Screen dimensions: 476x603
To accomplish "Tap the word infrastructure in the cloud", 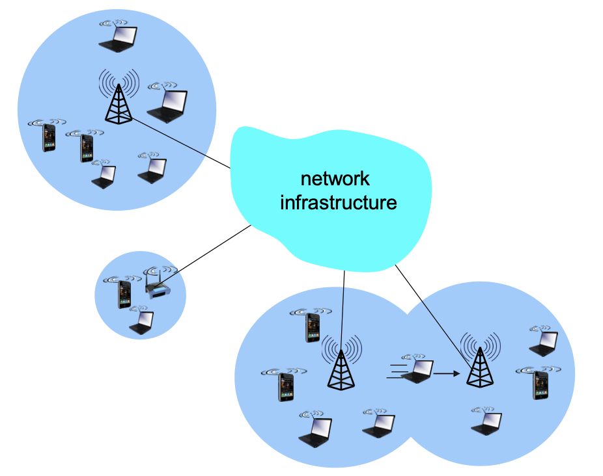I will point(338,202).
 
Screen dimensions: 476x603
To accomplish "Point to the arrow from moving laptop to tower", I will point(446,373).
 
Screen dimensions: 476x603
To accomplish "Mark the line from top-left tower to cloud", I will point(182,144).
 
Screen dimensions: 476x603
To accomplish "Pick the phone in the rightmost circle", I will point(539,384).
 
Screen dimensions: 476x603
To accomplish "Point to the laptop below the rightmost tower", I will point(487,423).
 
